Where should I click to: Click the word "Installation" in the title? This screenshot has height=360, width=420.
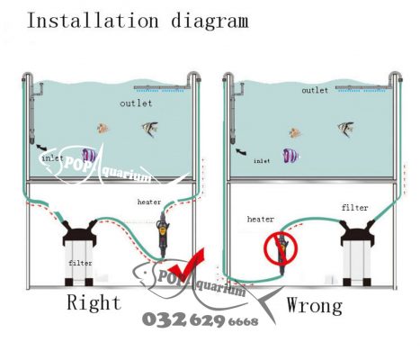[93, 21]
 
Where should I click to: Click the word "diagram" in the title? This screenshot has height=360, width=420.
[210, 22]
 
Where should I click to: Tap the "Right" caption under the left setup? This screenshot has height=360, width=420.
[94, 301]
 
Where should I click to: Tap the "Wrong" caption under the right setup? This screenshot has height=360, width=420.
[315, 306]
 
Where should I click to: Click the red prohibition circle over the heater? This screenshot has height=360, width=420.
[281, 247]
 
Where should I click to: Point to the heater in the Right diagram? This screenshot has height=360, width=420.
[162, 236]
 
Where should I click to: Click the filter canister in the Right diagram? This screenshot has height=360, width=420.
[79, 253]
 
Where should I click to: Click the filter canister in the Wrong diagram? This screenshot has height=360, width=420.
[357, 253]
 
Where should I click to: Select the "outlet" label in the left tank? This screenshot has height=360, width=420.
[136, 103]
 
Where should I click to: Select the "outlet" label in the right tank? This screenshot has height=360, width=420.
[315, 90]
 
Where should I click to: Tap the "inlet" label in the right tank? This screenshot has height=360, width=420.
[262, 161]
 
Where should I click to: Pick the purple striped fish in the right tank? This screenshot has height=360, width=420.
[290, 156]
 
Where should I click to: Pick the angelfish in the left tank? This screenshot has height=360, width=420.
[150, 129]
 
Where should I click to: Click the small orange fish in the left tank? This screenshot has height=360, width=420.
[103, 129]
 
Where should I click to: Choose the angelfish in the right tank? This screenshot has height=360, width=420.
[345, 130]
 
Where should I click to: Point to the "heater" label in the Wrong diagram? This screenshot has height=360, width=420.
[261, 220]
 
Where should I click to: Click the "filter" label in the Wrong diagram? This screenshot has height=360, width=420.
[355, 208]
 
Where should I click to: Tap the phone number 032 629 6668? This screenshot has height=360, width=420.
[201, 320]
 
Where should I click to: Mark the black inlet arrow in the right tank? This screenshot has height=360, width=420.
[241, 152]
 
